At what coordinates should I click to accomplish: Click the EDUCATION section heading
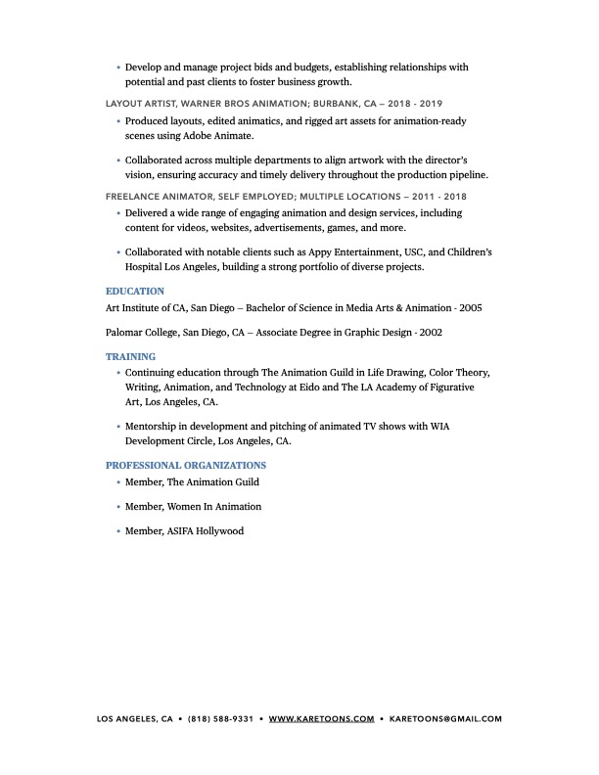(134, 291)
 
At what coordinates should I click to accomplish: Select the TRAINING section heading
(130, 357)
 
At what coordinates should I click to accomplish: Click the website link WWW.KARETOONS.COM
(321, 718)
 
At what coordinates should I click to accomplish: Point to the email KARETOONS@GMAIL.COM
(445, 718)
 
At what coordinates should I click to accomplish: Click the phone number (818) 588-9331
(220, 718)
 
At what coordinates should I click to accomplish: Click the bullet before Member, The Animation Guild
(117, 482)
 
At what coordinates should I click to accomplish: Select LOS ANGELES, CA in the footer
(135, 718)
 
